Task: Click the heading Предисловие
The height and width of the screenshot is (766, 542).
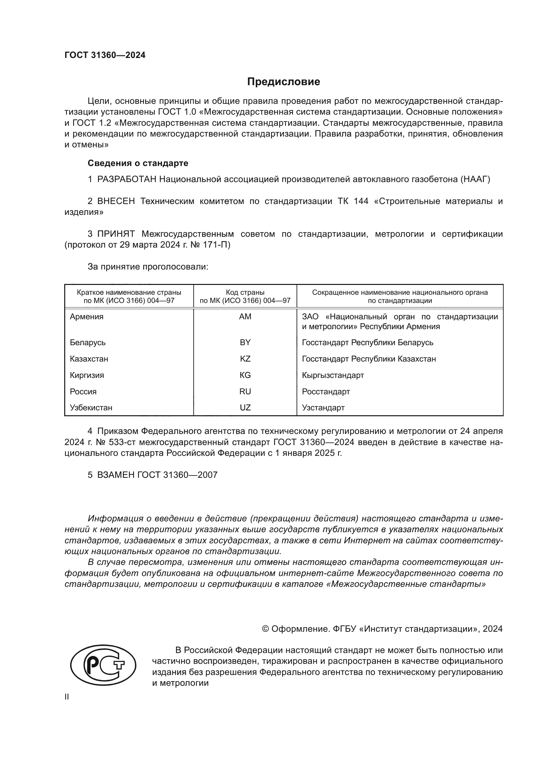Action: point(283,82)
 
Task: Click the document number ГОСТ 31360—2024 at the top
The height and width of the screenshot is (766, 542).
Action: point(105,55)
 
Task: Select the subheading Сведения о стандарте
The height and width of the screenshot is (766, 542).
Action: point(138,163)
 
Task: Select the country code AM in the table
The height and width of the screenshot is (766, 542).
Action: point(245,317)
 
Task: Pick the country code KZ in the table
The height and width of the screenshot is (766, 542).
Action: point(245,359)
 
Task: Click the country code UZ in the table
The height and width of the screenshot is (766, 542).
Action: point(245,408)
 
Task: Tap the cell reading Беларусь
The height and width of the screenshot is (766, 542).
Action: point(88,343)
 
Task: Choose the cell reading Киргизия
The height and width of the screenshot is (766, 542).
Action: point(87,375)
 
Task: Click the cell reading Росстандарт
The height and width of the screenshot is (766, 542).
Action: point(326,392)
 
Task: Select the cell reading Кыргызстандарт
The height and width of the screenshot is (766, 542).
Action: point(333,375)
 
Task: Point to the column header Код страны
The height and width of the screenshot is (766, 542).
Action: point(245,292)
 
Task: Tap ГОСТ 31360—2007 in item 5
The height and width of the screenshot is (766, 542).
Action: point(177,475)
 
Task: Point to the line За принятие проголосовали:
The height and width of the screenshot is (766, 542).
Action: point(148,267)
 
